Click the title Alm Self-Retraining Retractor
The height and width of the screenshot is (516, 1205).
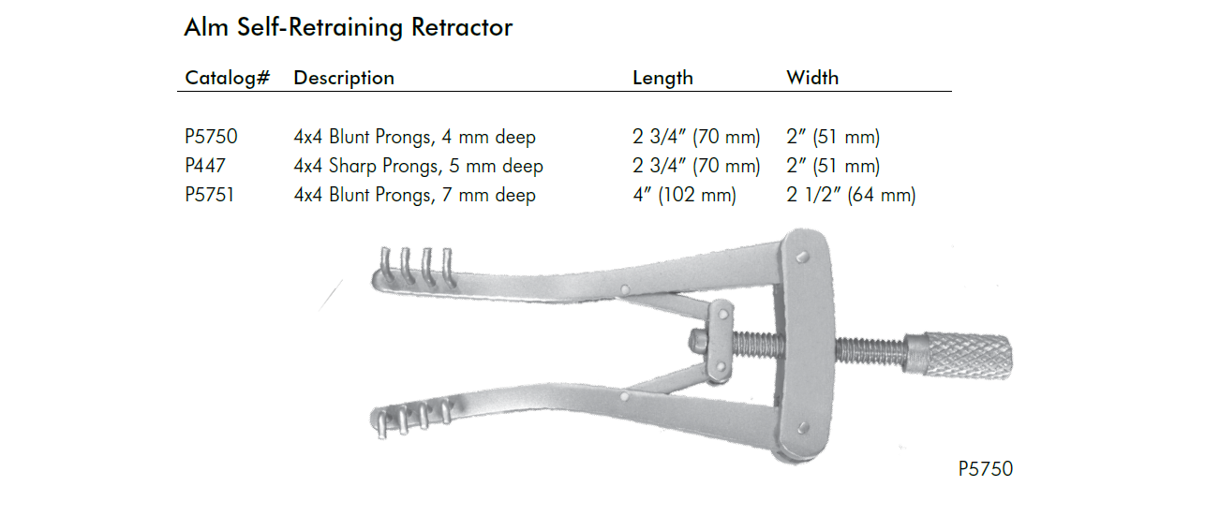click(348, 27)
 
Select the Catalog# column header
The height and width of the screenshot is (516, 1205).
click(228, 78)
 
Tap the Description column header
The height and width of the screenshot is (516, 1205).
click(344, 78)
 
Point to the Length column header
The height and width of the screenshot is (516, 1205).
click(662, 78)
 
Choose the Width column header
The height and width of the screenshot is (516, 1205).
click(812, 78)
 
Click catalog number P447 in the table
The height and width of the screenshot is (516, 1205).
click(206, 167)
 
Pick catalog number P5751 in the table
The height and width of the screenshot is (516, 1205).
click(211, 196)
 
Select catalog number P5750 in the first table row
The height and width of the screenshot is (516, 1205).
click(211, 138)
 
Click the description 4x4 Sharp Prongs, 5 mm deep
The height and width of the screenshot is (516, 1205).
click(418, 167)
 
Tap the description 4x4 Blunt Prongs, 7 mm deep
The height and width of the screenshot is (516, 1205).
click(414, 196)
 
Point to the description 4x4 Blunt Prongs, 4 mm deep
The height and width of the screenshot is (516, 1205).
click(414, 138)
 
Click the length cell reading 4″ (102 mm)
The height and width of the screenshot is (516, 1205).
click(684, 196)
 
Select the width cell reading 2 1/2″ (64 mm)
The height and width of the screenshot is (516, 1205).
click(851, 196)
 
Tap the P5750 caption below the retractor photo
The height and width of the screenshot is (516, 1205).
click(985, 468)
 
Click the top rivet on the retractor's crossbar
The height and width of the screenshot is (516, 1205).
click(800, 256)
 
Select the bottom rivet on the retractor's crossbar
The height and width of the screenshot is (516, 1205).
click(802, 428)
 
